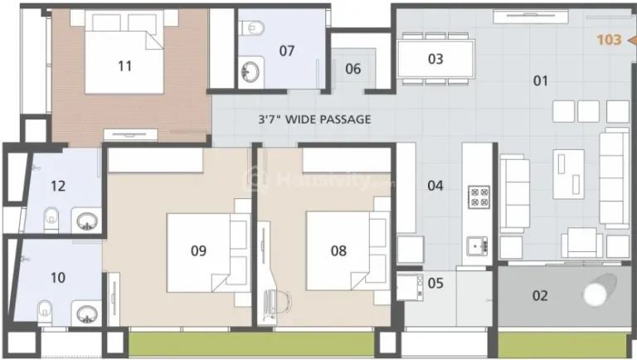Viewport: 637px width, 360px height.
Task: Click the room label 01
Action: click(x=541, y=80)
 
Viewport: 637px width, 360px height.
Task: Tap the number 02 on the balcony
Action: click(x=540, y=295)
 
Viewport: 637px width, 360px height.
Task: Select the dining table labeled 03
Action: click(x=435, y=59)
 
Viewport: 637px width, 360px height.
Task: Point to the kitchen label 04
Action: click(x=435, y=185)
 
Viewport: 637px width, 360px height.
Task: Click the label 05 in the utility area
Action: click(x=435, y=283)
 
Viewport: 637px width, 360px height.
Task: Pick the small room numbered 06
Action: click(x=353, y=69)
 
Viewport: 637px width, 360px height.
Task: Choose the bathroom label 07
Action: click(x=286, y=51)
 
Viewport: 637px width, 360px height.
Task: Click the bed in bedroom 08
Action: click(x=338, y=250)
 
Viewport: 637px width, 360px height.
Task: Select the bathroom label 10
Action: click(x=57, y=277)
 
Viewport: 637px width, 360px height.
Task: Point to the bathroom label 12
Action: click(x=56, y=186)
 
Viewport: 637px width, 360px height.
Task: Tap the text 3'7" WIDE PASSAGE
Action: click(x=314, y=119)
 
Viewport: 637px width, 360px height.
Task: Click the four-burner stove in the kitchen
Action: click(x=479, y=197)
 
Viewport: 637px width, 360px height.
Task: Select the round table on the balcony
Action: click(x=595, y=294)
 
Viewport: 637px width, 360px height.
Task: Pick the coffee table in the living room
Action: click(x=569, y=175)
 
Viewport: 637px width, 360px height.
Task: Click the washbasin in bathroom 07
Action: click(x=249, y=70)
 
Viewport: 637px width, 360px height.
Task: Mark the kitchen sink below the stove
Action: click(x=478, y=246)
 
